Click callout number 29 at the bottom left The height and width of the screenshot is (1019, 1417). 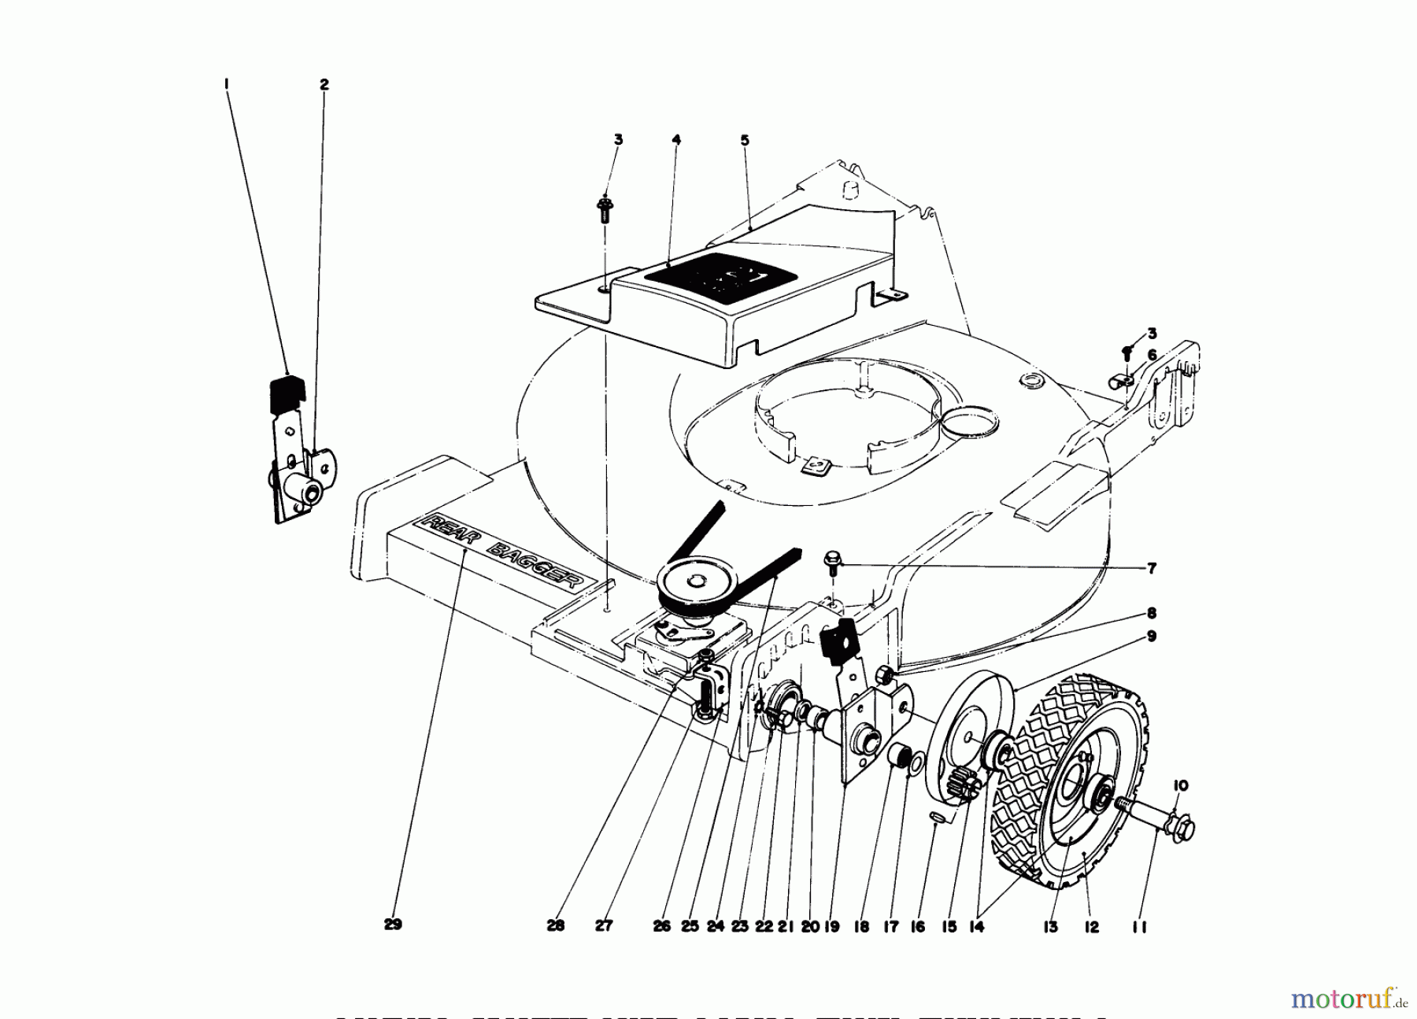point(393,925)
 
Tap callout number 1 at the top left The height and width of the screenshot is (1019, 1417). point(226,83)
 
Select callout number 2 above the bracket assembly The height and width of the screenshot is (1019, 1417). point(324,84)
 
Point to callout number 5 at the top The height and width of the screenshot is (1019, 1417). point(745,141)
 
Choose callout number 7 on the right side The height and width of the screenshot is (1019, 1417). point(1151,568)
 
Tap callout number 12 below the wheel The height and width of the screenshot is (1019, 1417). point(1092,928)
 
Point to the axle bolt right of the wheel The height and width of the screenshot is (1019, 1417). point(1157,822)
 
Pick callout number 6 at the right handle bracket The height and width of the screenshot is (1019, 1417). point(1151,356)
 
